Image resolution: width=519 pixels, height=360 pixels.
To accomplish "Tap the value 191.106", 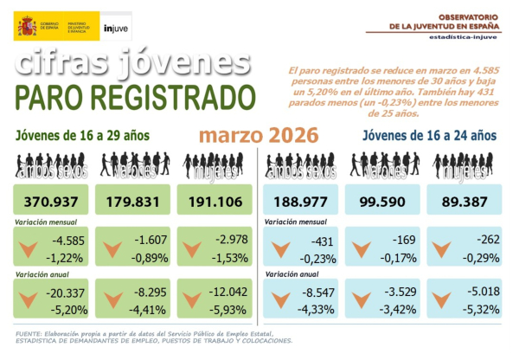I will (x=213, y=202).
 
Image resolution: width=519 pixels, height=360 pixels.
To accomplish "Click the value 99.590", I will (x=381, y=202).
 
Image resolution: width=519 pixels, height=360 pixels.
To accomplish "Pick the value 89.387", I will (x=464, y=202).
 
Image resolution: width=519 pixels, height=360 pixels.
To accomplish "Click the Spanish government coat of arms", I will (x=26, y=26).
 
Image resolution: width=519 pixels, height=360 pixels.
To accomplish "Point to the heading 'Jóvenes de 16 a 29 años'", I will (x=83, y=136).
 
